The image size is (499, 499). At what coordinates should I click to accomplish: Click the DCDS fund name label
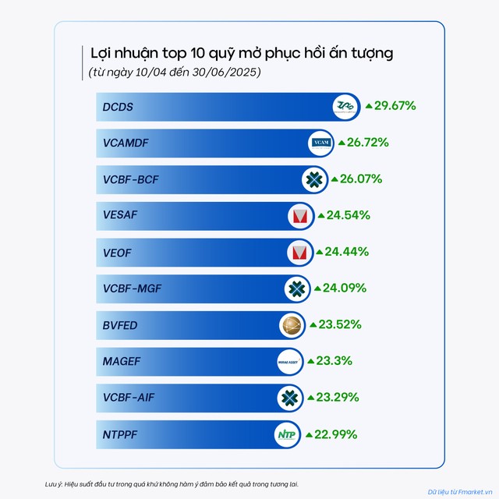(x=118, y=106)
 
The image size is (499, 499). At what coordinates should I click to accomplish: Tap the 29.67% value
(x=395, y=105)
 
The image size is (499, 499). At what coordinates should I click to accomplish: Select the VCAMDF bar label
(x=128, y=143)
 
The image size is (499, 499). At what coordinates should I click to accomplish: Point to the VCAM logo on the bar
(x=321, y=143)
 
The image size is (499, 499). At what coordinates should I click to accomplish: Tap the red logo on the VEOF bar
(x=297, y=252)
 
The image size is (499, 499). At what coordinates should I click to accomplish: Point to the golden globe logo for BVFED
(x=289, y=325)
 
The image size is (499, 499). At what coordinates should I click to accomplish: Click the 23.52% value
(x=340, y=324)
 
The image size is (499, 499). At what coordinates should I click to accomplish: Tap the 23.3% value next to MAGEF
(x=335, y=361)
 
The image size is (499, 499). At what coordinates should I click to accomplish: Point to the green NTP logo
(x=288, y=434)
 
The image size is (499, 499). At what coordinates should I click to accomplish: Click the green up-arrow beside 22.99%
(x=309, y=434)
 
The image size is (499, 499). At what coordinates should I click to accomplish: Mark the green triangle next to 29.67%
(x=370, y=105)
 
